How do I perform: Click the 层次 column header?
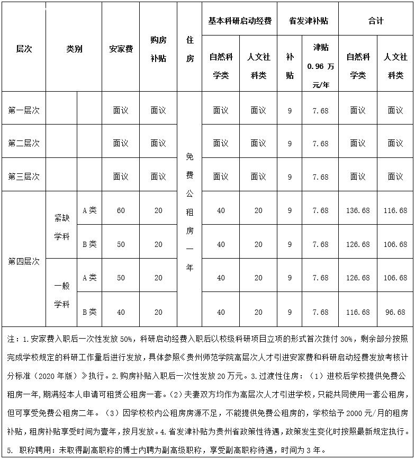(24, 49)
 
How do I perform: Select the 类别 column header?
(74, 49)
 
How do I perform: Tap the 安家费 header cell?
(121, 49)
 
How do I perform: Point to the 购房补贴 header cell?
(158, 49)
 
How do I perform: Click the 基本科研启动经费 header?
(240, 21)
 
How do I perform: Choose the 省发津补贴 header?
(308, 21)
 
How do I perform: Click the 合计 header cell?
(376, 21)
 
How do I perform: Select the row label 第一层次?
(24, 111)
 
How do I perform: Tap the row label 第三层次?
(24, 176)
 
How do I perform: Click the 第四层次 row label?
(24, 261)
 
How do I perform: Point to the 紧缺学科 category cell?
(62, 227)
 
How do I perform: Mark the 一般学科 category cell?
(62, 295)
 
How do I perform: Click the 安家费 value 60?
(121, 211)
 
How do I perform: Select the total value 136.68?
(358, 211)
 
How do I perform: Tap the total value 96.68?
(395, 313)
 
